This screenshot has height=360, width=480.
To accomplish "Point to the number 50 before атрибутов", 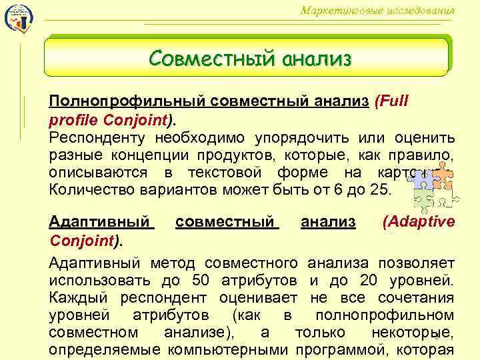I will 201,280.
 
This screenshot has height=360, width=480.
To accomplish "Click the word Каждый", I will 74,297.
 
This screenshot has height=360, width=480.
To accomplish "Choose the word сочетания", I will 415,297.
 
